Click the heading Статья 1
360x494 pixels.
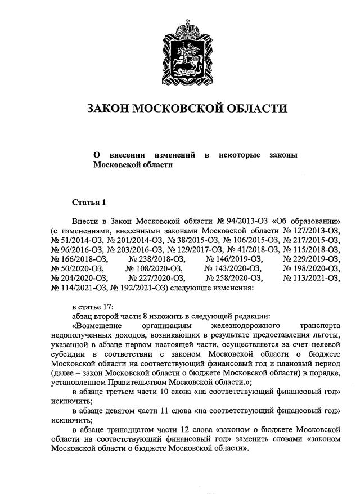[88, 201]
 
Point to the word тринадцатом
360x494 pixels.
[134, 431]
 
